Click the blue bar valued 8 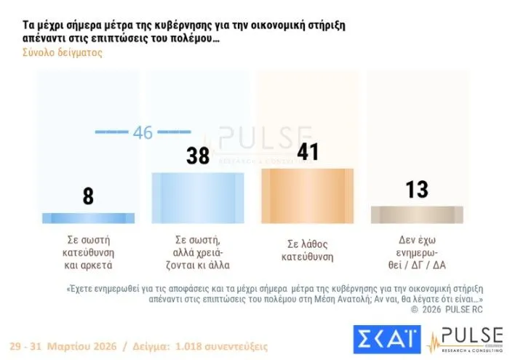(x=88, y=217)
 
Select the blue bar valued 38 (x=197, y=197)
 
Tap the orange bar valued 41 (x=307, y=195)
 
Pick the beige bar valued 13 (x=416, y=214)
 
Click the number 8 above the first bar (x=88, y=196)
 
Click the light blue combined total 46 (x=143, y=132)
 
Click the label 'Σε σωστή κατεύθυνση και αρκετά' (x=88, y=250)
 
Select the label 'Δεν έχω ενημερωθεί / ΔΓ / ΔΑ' (x=417, y=250)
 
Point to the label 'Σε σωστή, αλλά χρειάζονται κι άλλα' (x=198, y=250)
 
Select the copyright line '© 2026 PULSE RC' (x=446, y=309)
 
